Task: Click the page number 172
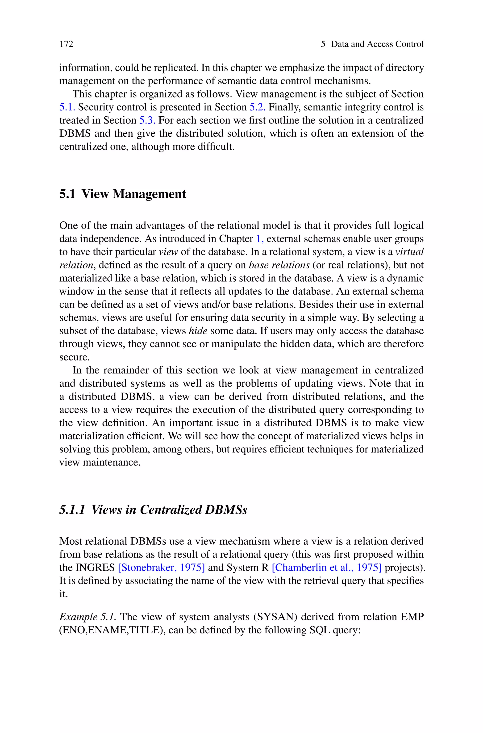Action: (66, 44)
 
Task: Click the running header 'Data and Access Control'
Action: (377, 44)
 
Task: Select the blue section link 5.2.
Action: (257, 107)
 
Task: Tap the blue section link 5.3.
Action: (147, 120)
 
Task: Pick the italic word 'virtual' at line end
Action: (409, 252)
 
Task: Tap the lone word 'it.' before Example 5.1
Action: (63, 594)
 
